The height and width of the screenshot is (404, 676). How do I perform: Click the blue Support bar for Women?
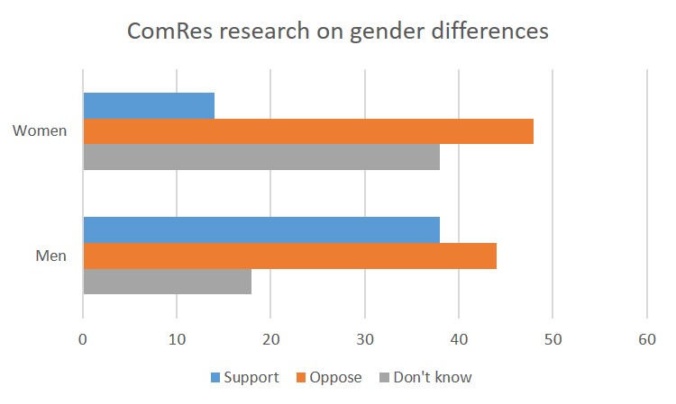point(149,105)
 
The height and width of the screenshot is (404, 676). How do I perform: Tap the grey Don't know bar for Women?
point(261,157)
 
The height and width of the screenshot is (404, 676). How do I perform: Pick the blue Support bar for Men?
point(261,229)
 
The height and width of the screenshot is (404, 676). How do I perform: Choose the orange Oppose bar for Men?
point(289,256)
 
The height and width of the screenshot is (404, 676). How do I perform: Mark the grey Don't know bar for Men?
point(167,282)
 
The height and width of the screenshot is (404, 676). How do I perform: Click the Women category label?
point(40,131)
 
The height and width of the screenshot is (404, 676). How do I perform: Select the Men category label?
point(51,256)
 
